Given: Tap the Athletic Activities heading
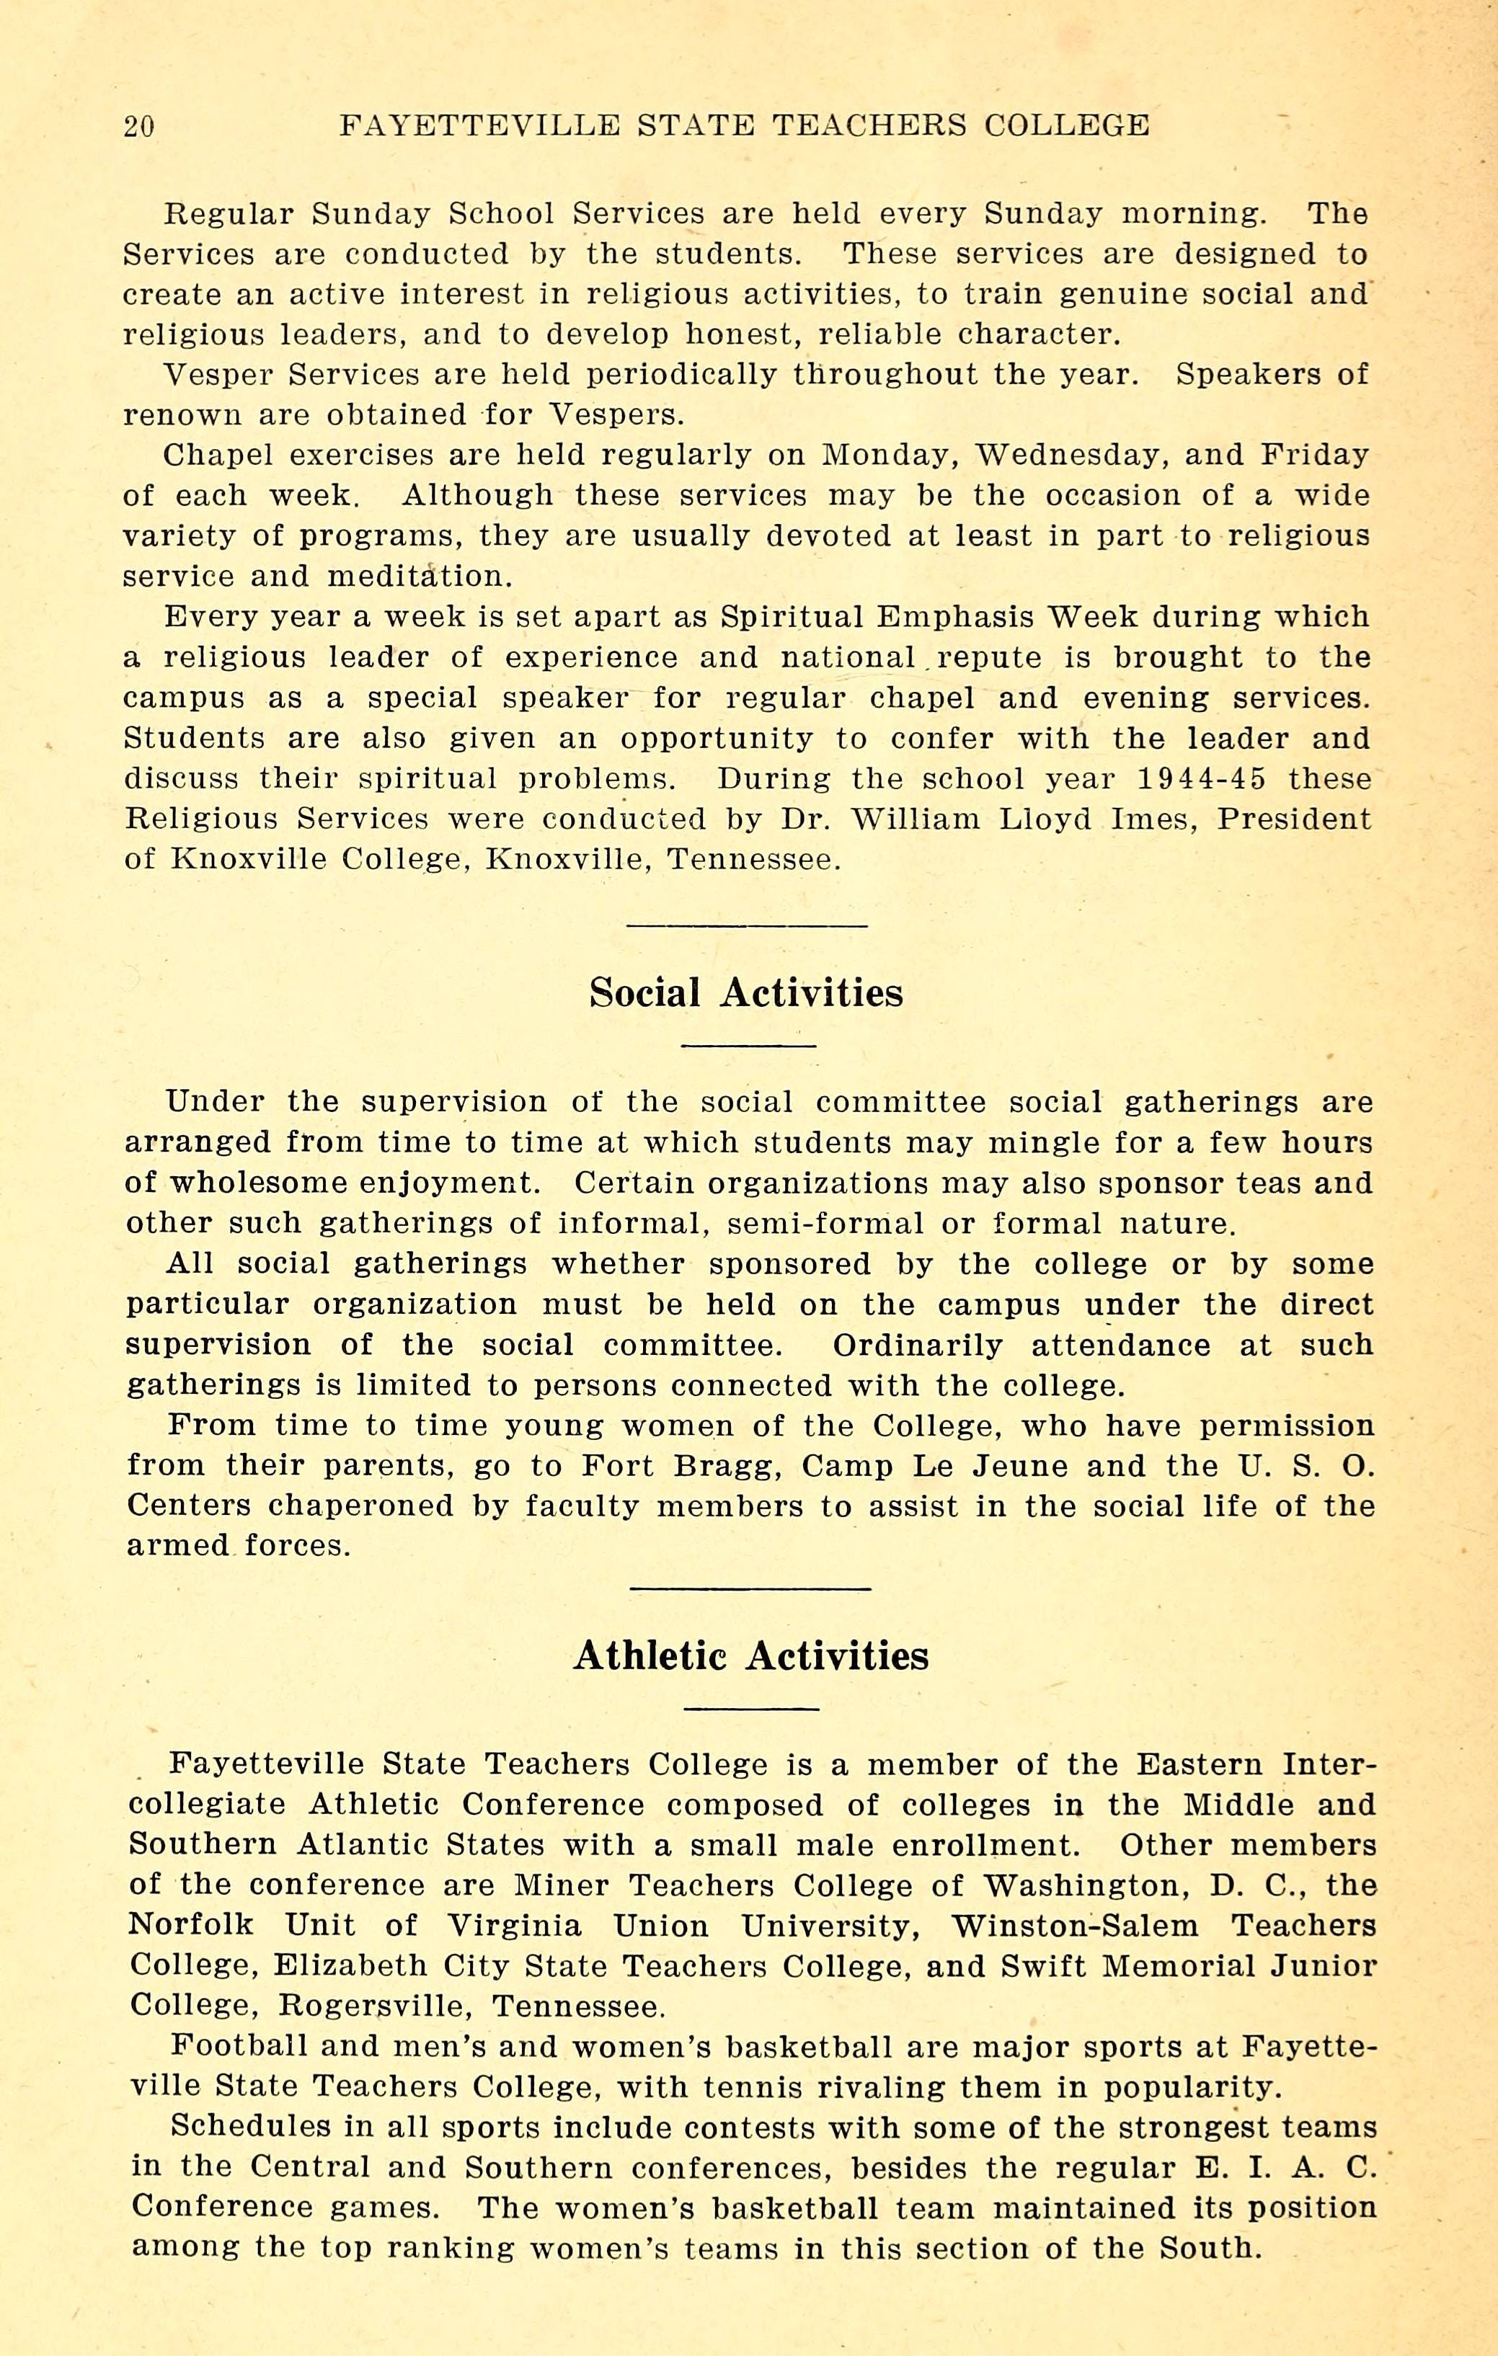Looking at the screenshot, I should (x=750, y=1655).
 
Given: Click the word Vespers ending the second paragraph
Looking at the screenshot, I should (x=614, y=415).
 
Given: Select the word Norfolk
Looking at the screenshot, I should (x=192, y=1926).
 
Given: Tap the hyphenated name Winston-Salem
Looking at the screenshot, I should (x=1074, y=1926).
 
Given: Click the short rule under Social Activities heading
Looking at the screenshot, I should (x=748, y=1046).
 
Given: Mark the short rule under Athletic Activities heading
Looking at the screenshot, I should (x=750, y=1708).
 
